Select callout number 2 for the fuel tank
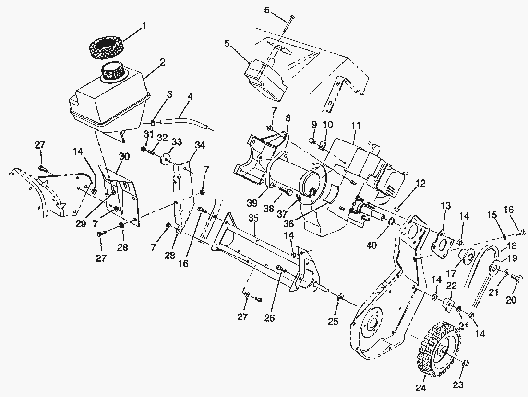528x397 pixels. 163,62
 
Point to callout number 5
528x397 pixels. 227,44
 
